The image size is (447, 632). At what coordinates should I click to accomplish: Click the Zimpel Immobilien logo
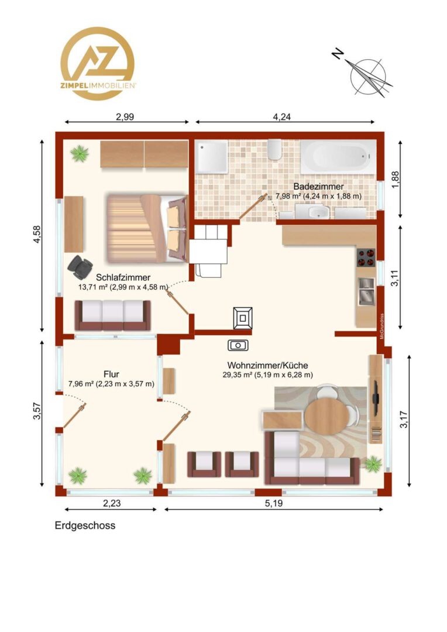(x=98, y=63)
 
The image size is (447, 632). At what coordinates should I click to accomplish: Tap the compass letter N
(x=338, y=54)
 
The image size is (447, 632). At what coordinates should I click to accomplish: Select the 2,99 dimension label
(x=125, y=117)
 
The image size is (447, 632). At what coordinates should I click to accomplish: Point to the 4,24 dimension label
(x=282, y=117)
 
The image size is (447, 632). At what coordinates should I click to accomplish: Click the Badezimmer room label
(x=318, y=187)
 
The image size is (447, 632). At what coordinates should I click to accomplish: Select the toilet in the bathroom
(x=274, y=149)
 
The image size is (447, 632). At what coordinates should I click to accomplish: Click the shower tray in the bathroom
(x=212, y=157)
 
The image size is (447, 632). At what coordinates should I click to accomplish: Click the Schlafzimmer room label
(x=123, y=277)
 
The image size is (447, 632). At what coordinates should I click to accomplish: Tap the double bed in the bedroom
(x=147, y=228)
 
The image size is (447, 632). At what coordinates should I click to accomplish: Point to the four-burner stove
(x=366, y=257)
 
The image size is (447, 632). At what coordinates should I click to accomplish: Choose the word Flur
(x=111, y=374)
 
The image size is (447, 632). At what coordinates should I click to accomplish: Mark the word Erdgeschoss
(x=85, y=525)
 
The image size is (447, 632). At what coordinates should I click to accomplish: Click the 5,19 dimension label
(x=274, y=503)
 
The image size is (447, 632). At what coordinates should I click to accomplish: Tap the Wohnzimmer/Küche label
(x=267, y=365)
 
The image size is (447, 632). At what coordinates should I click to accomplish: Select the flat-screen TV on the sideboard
(x=375, y=398)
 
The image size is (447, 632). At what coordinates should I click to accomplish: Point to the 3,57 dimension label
(x=37, y=411)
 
